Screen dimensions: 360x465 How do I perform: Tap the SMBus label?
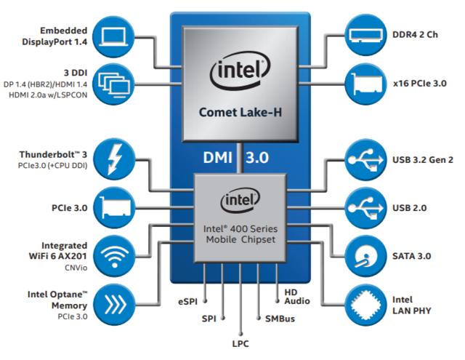tap(278, 318)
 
